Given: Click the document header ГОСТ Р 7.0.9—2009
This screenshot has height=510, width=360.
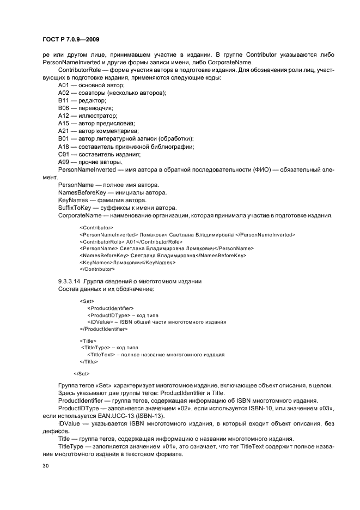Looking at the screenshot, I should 70,39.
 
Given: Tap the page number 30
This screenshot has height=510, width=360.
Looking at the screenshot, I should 46,466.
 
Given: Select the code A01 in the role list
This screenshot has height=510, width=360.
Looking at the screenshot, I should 64,86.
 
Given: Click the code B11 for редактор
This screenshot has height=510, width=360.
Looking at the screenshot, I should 64,101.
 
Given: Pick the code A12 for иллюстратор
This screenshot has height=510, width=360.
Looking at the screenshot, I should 64,116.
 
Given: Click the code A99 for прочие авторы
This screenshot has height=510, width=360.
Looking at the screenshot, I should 64,162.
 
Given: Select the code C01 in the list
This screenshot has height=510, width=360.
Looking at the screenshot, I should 64,154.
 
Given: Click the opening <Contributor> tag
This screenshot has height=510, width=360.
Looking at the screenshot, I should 96,227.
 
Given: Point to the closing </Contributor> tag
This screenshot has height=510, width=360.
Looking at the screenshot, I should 97,269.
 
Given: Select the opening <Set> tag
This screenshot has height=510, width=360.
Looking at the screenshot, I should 87,301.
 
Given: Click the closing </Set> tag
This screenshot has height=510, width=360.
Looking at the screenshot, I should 82,373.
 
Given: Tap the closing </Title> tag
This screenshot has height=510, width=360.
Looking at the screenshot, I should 89,361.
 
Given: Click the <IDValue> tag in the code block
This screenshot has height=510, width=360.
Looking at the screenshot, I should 100,322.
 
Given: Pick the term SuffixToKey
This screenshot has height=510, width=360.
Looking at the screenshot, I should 74,208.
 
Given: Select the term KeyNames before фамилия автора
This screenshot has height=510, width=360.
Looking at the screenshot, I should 72,200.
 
